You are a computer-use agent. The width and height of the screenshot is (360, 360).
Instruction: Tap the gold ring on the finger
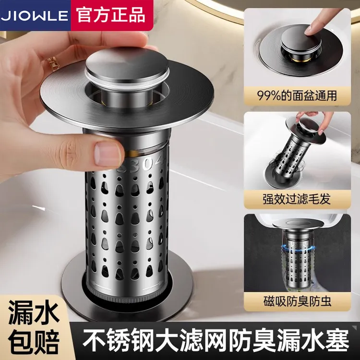pos(53,63)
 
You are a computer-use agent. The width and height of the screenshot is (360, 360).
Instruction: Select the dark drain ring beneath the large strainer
pos(82,288)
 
